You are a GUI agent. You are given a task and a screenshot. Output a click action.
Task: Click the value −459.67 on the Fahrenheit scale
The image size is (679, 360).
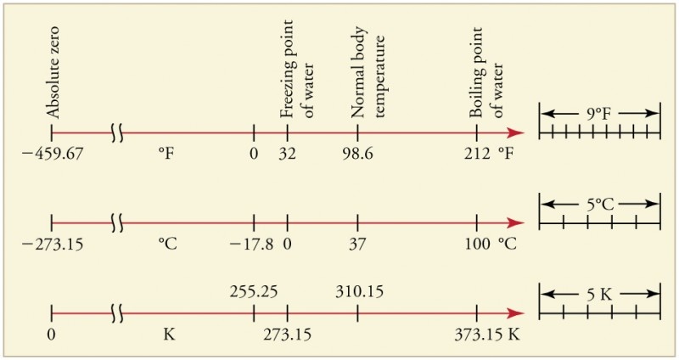tap(53, 155)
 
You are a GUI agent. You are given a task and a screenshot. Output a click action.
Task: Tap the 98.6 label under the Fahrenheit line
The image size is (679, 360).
tap(357, 155)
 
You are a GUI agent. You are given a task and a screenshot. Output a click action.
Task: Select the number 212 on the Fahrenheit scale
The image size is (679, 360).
tap(477, 155)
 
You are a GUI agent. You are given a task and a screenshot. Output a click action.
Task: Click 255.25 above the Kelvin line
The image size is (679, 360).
tap(254, 291)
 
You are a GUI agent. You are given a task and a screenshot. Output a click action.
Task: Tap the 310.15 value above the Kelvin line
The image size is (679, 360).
tap(360, 291)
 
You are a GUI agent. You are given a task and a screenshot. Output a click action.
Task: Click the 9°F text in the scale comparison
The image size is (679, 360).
tap(599, 112)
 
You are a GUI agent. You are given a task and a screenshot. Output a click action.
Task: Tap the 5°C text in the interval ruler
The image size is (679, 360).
tap(599, 204)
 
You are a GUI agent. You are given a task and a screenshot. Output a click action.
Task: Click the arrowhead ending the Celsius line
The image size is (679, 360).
tap(516, 223)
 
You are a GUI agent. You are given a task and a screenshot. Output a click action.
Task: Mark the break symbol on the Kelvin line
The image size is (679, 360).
tap(118, 314)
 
